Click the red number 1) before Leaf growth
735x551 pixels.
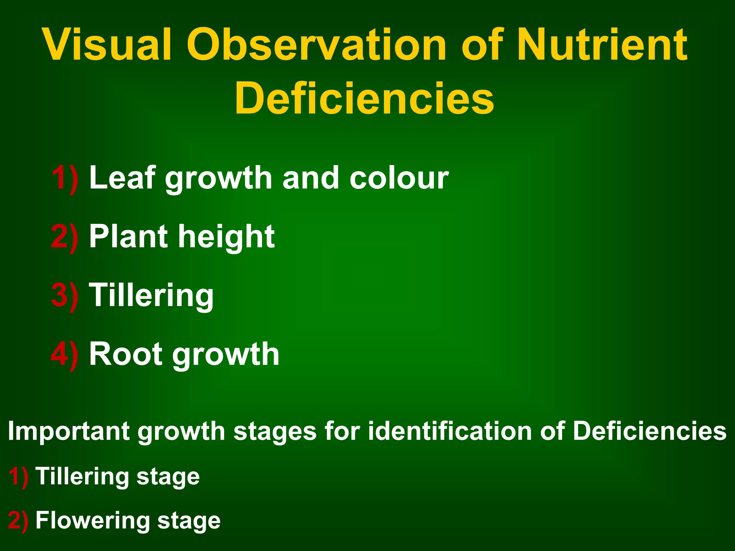[x=65, y=178]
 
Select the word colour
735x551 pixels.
[x=399, y=178]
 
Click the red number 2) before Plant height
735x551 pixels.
[x=65, y=237]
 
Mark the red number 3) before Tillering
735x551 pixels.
[x=65, y=296]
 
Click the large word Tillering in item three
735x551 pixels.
[x=151, y=296]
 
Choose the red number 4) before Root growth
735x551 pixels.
[x=65, y=354]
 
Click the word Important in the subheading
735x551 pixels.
[x=69, y=431]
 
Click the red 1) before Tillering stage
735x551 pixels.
[x=18, y=477]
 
